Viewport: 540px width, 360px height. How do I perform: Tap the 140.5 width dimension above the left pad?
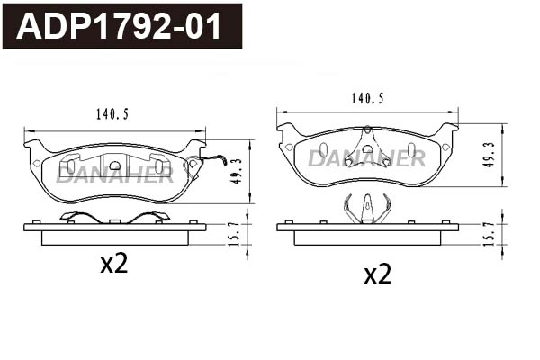112,114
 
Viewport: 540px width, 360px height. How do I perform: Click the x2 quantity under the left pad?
114,264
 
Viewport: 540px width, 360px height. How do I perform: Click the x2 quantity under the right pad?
378,274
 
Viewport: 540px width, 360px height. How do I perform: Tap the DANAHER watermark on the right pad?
366,159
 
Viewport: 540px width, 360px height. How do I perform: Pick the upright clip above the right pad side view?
367,209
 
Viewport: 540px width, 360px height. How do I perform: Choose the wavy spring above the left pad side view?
113,216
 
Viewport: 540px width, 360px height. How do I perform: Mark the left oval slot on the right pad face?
324,148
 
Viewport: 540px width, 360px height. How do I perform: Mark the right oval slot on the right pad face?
410,148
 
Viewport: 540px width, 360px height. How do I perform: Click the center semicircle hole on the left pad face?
114,164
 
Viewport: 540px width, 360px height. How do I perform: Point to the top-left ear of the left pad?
34,145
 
